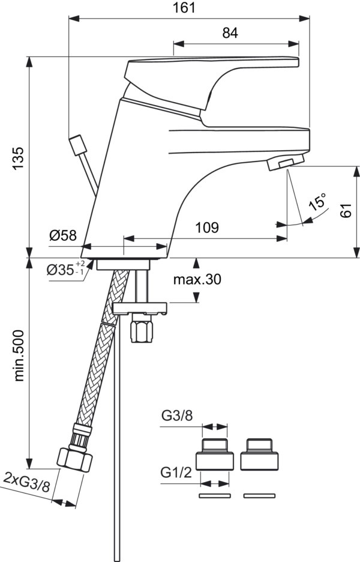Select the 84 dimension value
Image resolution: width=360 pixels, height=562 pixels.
230,34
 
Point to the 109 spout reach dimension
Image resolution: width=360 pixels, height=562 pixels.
206,228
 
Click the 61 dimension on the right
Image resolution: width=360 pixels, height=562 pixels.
344,211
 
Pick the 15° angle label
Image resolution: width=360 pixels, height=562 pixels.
319,202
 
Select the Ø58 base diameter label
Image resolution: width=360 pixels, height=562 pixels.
63,235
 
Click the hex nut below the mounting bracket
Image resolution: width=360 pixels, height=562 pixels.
142,331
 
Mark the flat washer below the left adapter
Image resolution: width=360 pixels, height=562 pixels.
214,496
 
